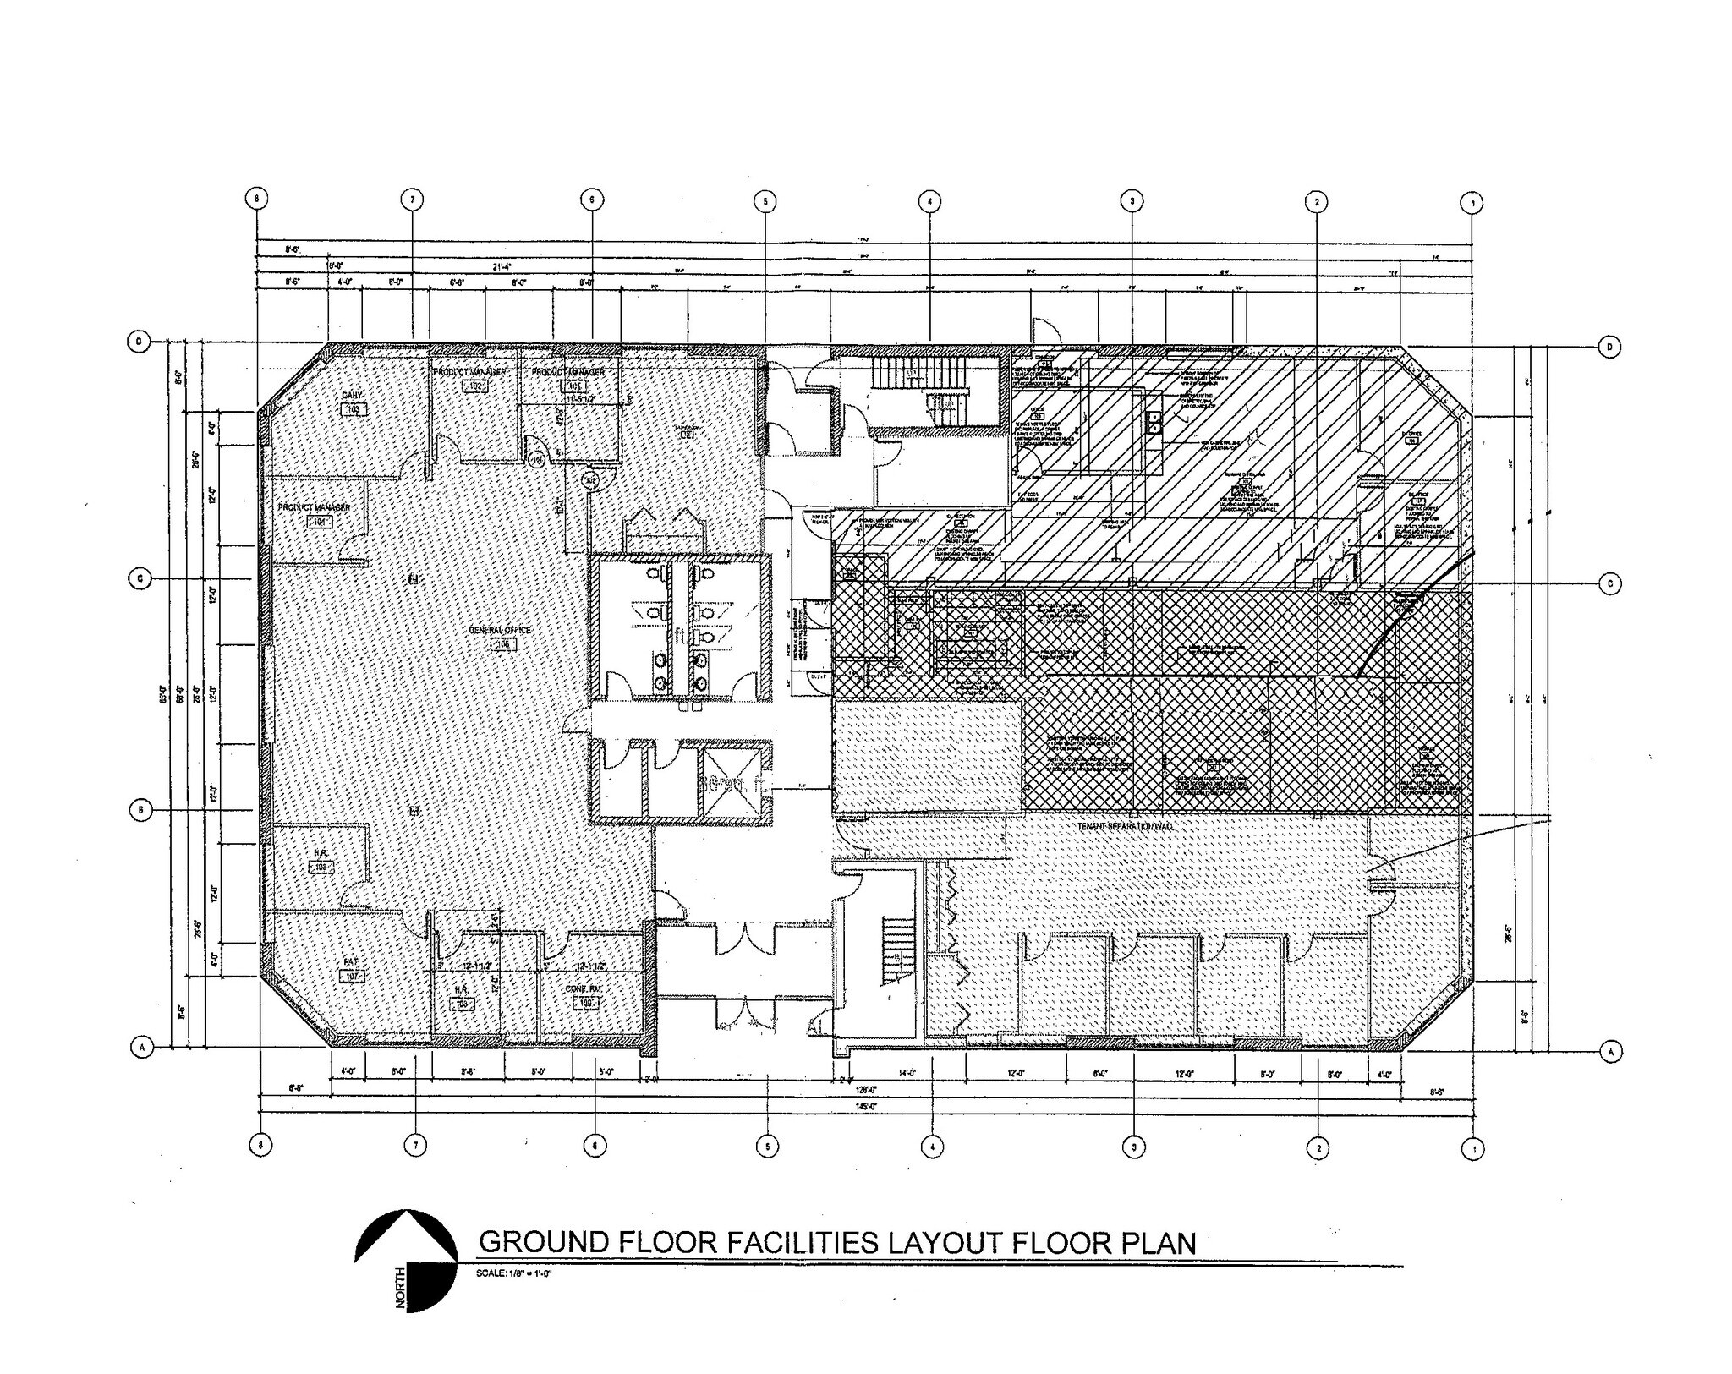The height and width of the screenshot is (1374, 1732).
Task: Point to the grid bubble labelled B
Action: click(x=140, y=810)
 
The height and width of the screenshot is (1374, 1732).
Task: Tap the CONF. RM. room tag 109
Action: click(x=585, y=1003)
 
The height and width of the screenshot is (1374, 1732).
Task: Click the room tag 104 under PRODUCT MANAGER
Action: click(x=319, y=522)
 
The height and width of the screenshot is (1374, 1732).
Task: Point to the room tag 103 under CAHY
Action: click(x=353, y=409)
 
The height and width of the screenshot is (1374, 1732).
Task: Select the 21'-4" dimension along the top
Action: click(x=502, y=267)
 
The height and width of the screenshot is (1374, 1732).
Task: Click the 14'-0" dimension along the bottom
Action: click(x=907, y=1073)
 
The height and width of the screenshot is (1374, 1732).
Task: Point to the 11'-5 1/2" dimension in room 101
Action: click(x=583, y=397)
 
